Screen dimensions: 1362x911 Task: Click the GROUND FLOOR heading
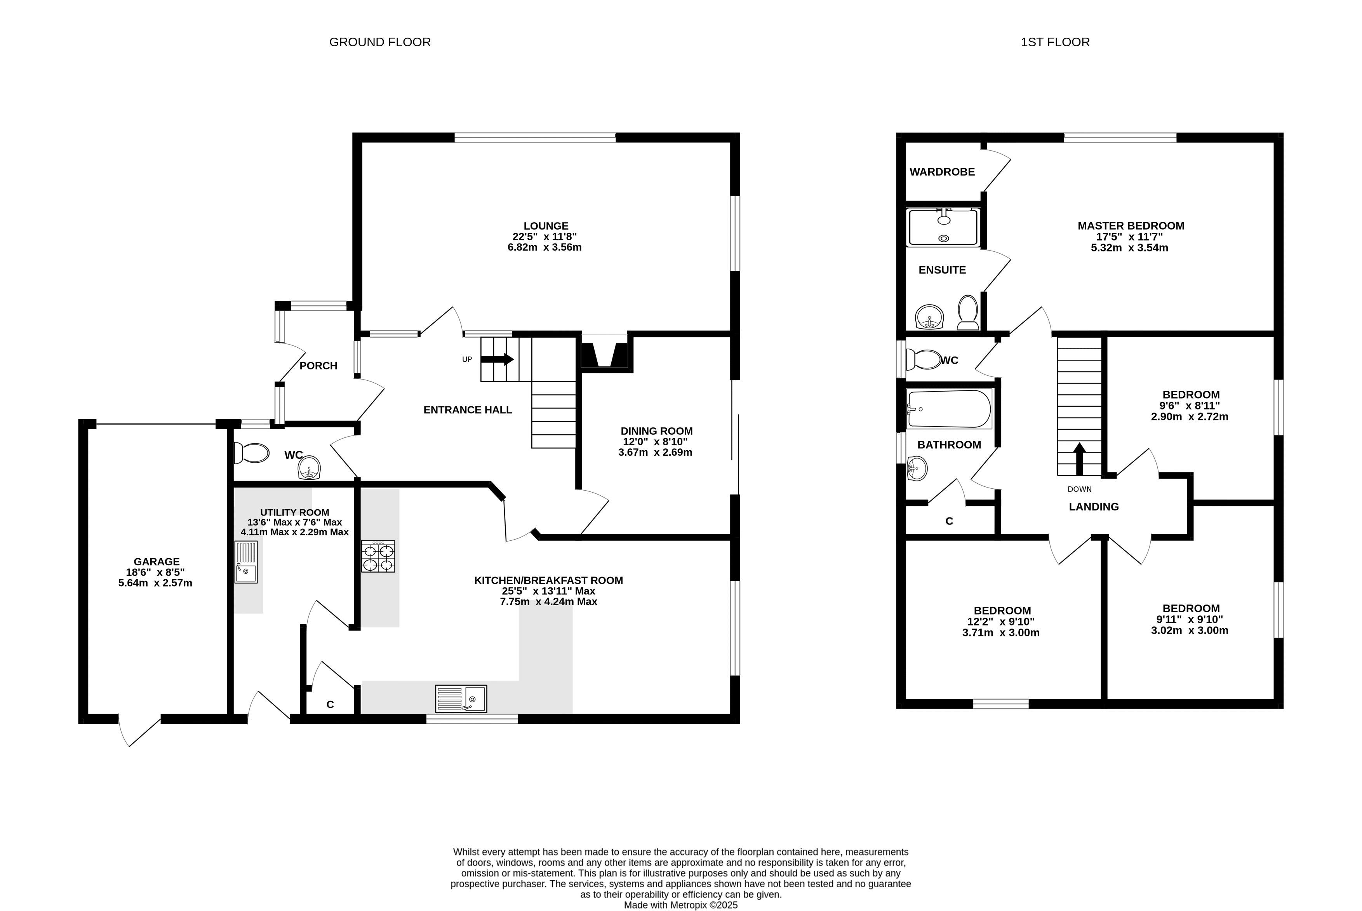[380, 42]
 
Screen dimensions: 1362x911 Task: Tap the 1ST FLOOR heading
[1055, 42]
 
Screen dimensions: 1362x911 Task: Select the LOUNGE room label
[546, 226]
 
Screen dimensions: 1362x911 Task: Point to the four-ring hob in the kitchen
[378, 557]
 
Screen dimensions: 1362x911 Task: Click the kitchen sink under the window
[461, 698]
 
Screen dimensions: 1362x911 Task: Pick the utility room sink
[246, 562]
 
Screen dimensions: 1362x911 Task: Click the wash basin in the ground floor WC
[310, 468]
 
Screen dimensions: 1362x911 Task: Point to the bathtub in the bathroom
[950, 409]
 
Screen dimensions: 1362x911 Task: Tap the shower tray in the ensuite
[944, 227]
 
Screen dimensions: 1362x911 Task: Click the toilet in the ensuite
[968, 313]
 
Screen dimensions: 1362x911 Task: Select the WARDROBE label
[942, 172]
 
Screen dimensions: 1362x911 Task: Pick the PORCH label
[318, 366]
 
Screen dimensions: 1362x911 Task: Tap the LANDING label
[1094, 507]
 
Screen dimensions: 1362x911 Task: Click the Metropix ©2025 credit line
[681, 905]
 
